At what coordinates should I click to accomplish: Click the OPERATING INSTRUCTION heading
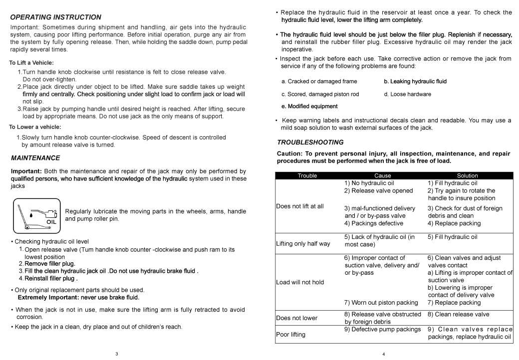tap(55, 17)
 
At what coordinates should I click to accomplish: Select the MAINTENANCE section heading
tap(35, 158)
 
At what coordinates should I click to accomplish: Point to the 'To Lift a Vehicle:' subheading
tap(31, 63)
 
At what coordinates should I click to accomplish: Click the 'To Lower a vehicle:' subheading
tap(35, 127)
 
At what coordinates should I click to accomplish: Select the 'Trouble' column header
tap(307, 176)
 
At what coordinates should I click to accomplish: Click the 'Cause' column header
tap(383, 176)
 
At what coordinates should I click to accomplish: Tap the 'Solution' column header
tap(467, 176)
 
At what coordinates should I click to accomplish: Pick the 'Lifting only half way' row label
tap(303, 244)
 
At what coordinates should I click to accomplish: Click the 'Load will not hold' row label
tap(300, 282)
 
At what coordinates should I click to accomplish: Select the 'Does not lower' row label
tap(297, 317)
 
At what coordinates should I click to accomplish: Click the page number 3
tap(117, 354)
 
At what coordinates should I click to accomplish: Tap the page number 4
tap(383, 354)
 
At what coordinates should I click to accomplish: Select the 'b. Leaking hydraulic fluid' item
tap(415, 81)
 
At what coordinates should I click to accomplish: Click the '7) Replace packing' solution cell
tap(454, 302)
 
